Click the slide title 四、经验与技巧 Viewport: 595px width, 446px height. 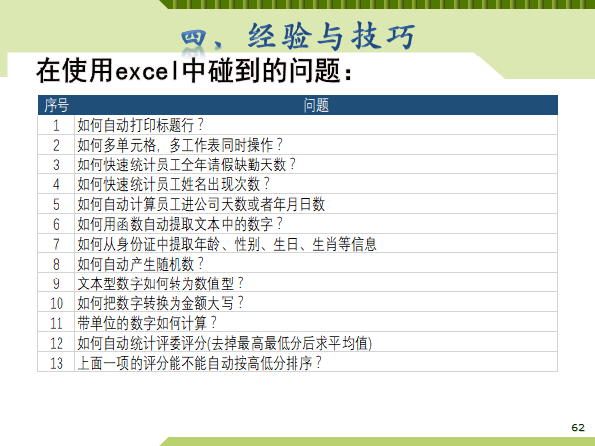297,36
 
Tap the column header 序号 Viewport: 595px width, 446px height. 57,105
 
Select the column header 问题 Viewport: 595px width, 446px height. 316,105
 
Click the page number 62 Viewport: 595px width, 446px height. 578,428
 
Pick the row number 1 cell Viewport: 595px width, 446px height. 56,125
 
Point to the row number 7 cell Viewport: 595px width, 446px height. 56,244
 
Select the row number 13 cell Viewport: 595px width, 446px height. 57,363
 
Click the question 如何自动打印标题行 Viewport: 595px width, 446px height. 141,125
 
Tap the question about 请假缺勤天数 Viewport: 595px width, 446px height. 186,165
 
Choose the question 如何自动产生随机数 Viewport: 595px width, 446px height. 141,264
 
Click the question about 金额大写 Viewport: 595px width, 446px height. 161,303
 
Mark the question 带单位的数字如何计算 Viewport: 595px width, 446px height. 147,323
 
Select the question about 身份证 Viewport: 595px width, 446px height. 227,244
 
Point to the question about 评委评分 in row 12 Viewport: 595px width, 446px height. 225,343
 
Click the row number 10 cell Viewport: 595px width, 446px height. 57,303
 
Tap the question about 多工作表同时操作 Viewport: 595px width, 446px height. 179,145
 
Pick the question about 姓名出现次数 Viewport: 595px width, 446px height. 174,184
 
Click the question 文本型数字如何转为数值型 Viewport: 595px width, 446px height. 161,283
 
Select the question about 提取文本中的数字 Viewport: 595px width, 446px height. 179,224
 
